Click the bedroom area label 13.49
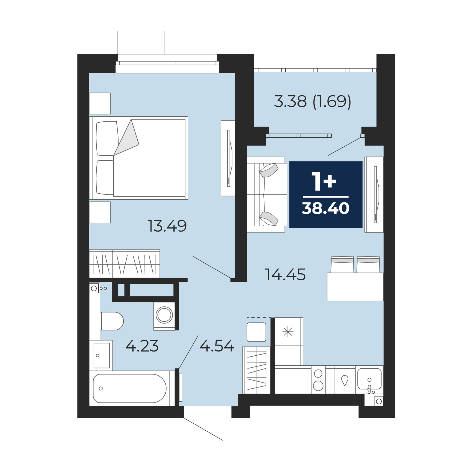167,226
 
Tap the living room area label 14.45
286,275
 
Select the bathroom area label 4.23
142,346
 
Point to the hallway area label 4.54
217,346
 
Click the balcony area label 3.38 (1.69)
313,101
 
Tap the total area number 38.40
326,208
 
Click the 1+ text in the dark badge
324,181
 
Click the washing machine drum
164,315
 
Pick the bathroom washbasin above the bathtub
101,355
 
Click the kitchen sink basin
369,379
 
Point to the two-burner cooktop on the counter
318,379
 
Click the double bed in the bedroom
139,158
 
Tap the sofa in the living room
267,194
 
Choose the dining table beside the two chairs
355,287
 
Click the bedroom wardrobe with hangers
125,264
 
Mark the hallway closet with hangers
256,370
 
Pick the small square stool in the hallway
256,332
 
